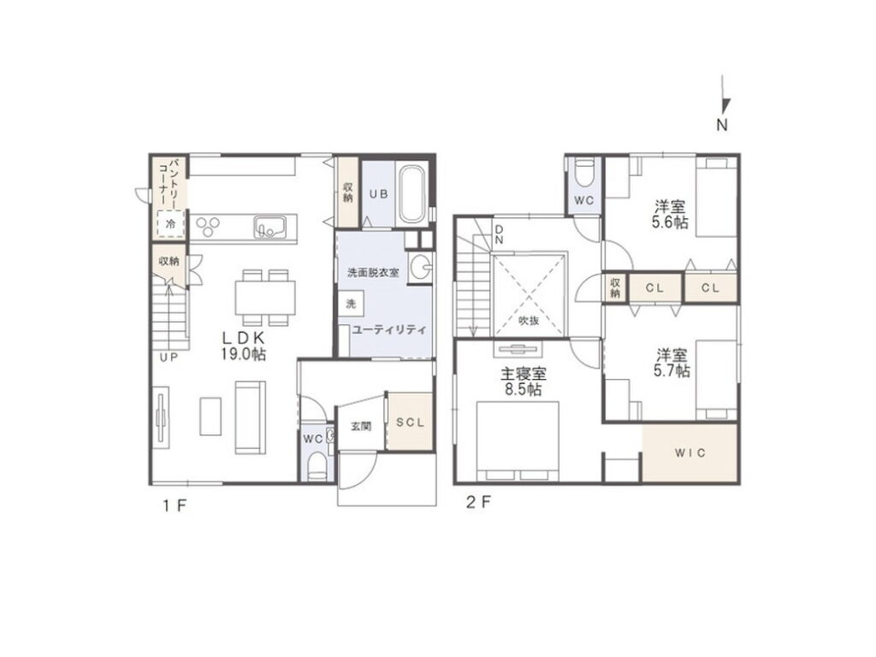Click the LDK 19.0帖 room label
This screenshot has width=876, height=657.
[244, 346]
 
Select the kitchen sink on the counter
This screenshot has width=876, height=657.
[269, 228]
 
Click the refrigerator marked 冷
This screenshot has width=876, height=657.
[170, 225]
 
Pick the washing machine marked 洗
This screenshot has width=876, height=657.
[351, 304]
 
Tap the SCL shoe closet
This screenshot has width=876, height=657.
[411, 423]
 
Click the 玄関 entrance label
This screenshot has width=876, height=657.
[361, 427]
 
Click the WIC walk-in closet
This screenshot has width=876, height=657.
[690, 453]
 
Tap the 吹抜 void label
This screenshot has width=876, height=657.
[529, 321]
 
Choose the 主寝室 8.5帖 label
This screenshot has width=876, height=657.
[524, 382]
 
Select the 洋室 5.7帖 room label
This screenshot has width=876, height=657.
[672, 363]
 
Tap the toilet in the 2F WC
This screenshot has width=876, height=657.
[584, 173]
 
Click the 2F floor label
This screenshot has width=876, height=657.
[479, 502]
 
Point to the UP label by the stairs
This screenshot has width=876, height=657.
[169, 358]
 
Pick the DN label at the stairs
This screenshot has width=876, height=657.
[499, 234]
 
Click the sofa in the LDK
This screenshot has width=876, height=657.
[250, 417]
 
